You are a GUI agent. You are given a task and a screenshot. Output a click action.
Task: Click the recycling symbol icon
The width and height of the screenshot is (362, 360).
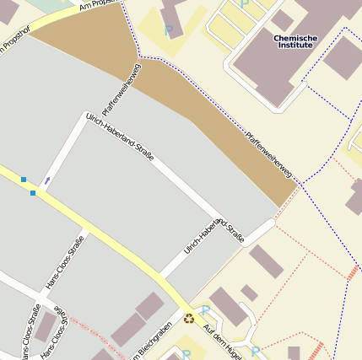[189, 319]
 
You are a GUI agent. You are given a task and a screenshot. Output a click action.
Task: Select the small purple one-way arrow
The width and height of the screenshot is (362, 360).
[47, 180]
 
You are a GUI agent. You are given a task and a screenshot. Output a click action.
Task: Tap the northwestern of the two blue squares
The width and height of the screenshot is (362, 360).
[24, 179]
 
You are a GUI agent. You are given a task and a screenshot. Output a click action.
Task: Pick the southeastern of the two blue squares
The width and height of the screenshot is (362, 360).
[33, 193]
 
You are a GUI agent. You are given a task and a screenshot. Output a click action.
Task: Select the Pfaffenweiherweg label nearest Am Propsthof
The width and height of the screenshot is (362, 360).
[120, 91]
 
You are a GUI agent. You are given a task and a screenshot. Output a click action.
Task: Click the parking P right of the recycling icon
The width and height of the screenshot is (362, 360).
[203, 311]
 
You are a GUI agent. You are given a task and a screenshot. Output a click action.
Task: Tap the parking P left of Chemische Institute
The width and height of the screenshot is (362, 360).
[168, 30]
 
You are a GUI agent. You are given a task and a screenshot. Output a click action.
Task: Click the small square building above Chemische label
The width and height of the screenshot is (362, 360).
[282, 19]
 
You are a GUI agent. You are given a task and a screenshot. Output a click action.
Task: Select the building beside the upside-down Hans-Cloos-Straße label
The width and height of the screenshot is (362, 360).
[44, 328]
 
